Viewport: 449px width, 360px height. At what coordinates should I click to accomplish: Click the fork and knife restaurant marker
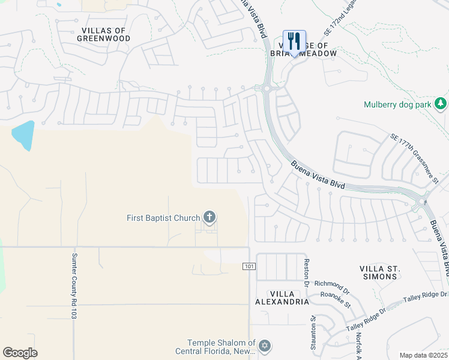point(294,41)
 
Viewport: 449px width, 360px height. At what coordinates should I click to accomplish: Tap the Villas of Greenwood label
point(104,34)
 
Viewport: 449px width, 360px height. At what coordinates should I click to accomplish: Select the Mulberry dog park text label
point(398,104)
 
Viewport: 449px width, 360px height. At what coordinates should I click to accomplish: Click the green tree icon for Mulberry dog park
point(441,103)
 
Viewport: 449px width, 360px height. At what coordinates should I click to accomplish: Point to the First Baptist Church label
point(163,218)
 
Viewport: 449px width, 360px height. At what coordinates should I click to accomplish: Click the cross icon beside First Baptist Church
point(209,217)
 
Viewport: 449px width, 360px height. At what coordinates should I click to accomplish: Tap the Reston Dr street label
point(306,272)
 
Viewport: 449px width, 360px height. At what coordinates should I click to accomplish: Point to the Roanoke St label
point(336,298)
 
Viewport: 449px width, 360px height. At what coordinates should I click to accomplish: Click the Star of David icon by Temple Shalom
point(265,346)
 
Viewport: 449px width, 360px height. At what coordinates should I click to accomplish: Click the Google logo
point(20,353)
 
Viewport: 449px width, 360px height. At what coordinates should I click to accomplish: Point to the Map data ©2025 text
point(423,355)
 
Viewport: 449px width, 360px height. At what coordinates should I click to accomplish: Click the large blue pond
point(23,135)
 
